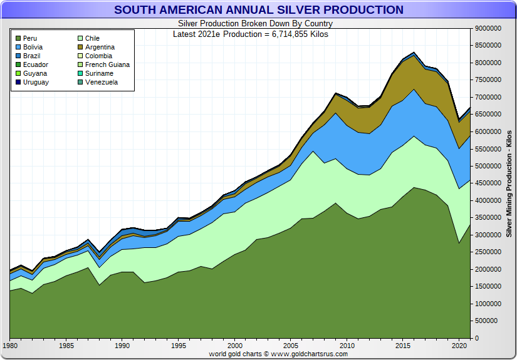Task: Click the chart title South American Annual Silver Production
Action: click(x=258, y=10)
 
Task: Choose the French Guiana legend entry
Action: click(x=107, y=65)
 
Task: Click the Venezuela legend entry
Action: click(x=101, y=83)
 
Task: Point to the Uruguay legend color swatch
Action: click(x=18, y=83)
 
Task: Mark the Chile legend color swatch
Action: click(x=80, y=39)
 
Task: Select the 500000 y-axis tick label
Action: click(x=491, y=321)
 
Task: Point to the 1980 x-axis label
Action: click(x=10, y=345)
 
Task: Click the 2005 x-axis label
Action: click(x=291, y=345)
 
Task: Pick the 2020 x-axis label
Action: click(x=459, y=345)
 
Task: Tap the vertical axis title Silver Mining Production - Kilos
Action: click(x=509, y=183)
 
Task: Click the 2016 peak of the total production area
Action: click(x=414, y=53)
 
